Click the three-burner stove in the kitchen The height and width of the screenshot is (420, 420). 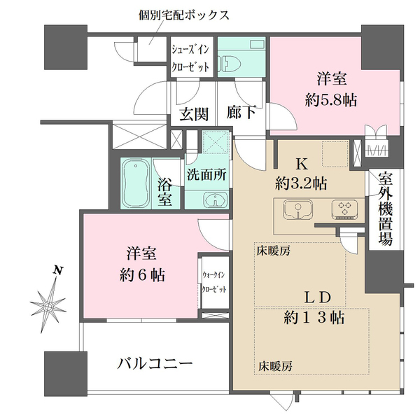point(345,208)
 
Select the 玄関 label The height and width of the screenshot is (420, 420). point(194,114)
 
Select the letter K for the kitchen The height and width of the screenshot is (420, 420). point(302,165)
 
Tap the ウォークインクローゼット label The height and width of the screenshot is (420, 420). point(213,281)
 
